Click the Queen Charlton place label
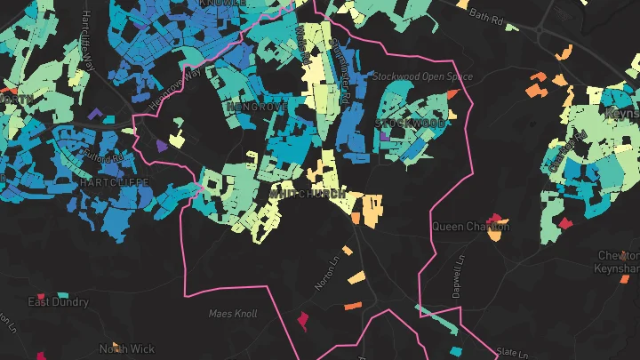pyautogui.click(x=470, y=227)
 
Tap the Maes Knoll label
pyautogui.click(x=232, y=314)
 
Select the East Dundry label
pyautogui.click(x=59, y=302)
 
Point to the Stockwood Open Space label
pyautogui.click(x=423, y=77)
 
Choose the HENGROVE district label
pyautogui.click(x=257, y=107)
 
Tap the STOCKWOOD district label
pyautogui.click(x=410, y=122)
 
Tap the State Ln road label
pyautogui.click(x=512, y=353)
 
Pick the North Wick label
pyautogui.click(x=127, y=349)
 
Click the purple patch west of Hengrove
pyautogui.click(x=160, y=144)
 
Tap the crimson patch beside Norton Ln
pyautogui.click(x=302, y=317)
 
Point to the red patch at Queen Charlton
pyautogui.click(x=498, y=220)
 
